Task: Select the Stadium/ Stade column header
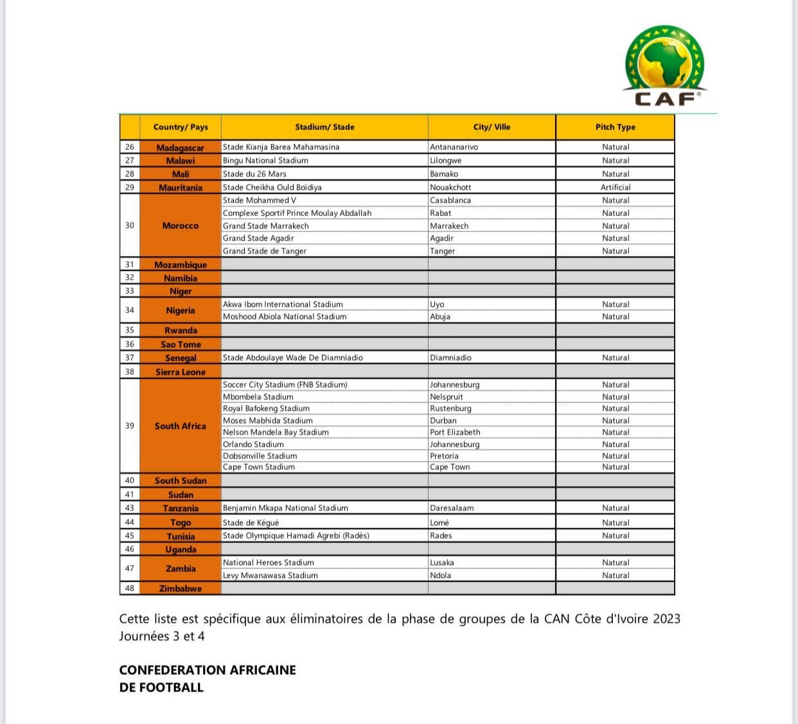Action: coord(324,127)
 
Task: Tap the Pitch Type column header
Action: coord(615,127)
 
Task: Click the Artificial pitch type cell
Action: coord(616,188)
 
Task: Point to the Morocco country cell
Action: coord(181,225)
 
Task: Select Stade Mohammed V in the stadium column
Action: coord(260,200)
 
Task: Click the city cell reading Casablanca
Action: coord(450,200)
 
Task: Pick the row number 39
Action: coord(130,426)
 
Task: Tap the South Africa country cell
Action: coord(181,426)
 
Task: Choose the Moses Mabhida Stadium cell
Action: coord(268,421)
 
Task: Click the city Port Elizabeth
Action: coord(455,432)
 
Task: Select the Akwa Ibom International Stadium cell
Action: coord(283,305)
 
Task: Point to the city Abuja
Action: coord(440,317)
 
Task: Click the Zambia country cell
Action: coord(181,569)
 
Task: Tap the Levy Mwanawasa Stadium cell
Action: coord(270,576)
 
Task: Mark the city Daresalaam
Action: coord(452,508)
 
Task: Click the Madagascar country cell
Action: coord(181,148)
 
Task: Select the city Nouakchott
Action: coord(450,188)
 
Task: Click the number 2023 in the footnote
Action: coord(666,619)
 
